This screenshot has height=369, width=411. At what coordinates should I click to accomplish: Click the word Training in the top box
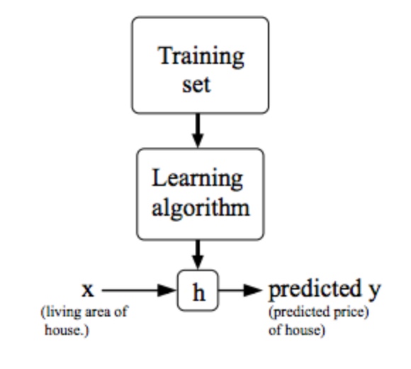(x=201, y=55)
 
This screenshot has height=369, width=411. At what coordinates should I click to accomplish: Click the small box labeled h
(x=198, y=292)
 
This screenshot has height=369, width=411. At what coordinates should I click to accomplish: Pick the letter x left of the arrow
(x=87, y=290)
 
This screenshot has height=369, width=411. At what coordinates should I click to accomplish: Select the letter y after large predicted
(x=373, y=291)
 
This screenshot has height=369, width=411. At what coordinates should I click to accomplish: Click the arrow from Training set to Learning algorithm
(x=198, y=131)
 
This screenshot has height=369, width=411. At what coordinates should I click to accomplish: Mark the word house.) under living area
(x=67, y=330)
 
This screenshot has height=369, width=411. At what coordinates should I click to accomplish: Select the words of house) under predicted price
(x=296, y=330)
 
